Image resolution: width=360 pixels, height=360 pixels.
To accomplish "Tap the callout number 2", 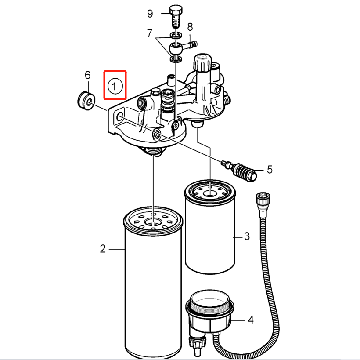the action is (x=103, y=249).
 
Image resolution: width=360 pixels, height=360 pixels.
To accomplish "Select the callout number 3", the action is (x=247, y=236).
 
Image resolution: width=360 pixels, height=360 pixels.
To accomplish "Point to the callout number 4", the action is (x=251, y=320).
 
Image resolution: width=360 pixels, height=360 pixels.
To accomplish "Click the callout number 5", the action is (x=270, y=169).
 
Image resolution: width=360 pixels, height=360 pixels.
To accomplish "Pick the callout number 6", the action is (x=87, y=75).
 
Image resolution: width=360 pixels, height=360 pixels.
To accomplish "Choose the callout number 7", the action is (x=149, y=33).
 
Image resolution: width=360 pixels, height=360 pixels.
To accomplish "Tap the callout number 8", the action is (x=190, y=27).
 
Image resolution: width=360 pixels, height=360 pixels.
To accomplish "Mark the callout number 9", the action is (x=150, y=14).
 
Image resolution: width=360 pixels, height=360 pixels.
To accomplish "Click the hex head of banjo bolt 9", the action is (x=176, y=10).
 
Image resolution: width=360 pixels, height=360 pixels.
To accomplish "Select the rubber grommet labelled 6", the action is (x=86, y=101).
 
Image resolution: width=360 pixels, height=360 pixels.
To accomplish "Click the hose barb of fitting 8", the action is (x=190, y=45).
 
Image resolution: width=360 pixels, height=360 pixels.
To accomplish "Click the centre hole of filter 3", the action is (x=210, y=193).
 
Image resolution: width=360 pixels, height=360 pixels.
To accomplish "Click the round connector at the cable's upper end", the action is (x=263, y=199).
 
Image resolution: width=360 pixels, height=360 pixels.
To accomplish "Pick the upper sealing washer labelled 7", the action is (x=176, y=36).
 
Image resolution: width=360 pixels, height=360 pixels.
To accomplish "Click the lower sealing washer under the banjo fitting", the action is (x=176, y=59).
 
